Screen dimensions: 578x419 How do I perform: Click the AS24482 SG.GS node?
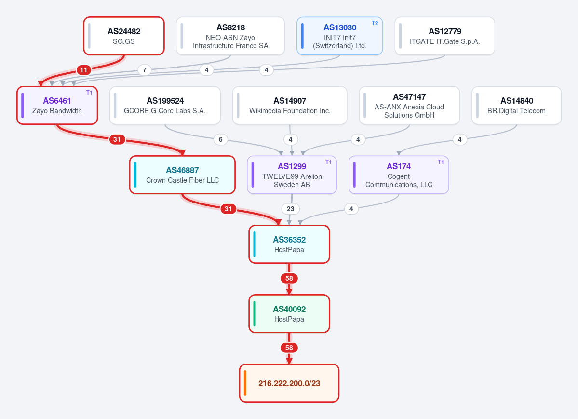click(124, 36)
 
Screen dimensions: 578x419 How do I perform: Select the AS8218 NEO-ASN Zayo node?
click(230, 36)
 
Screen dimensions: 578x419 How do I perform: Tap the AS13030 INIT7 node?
click(339, 36)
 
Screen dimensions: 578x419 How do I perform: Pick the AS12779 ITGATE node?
click(444, 36)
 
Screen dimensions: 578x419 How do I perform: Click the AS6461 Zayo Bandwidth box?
click(57, 106)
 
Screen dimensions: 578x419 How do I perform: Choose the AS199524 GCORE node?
click(165, 106)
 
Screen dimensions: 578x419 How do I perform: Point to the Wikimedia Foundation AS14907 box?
click(290, 106)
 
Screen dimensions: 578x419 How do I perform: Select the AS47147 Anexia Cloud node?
click(409, 106)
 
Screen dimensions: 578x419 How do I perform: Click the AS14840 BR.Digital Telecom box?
click(516, 106)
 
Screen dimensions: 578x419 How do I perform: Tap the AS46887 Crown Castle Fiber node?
click(183, 175)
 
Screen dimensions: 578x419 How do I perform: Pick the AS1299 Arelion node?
click(292, 175)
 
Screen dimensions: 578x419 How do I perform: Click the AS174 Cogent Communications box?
click(399, 175)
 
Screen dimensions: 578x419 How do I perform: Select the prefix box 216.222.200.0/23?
click(289, 383)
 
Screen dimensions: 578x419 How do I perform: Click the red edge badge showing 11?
click(84, 70)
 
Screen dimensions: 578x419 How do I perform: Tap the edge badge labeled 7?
click(145, 70)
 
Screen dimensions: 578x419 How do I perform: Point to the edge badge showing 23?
click(291, 209)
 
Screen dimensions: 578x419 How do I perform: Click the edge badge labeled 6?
click(221, 139)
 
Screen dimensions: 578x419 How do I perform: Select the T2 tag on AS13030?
click(375, 23)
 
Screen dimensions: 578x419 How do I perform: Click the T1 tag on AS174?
click(441, 162)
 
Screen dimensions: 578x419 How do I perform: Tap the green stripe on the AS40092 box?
click(255, 314)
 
